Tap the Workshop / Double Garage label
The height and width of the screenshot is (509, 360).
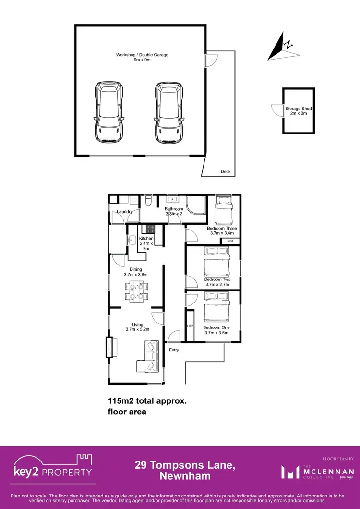click(142, 58)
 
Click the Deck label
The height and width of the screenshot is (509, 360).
click(225, 171)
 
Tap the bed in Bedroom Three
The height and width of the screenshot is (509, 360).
click(223, 211)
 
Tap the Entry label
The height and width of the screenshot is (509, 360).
click(174, 350)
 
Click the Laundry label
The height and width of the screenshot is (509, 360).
click(124, 211)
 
